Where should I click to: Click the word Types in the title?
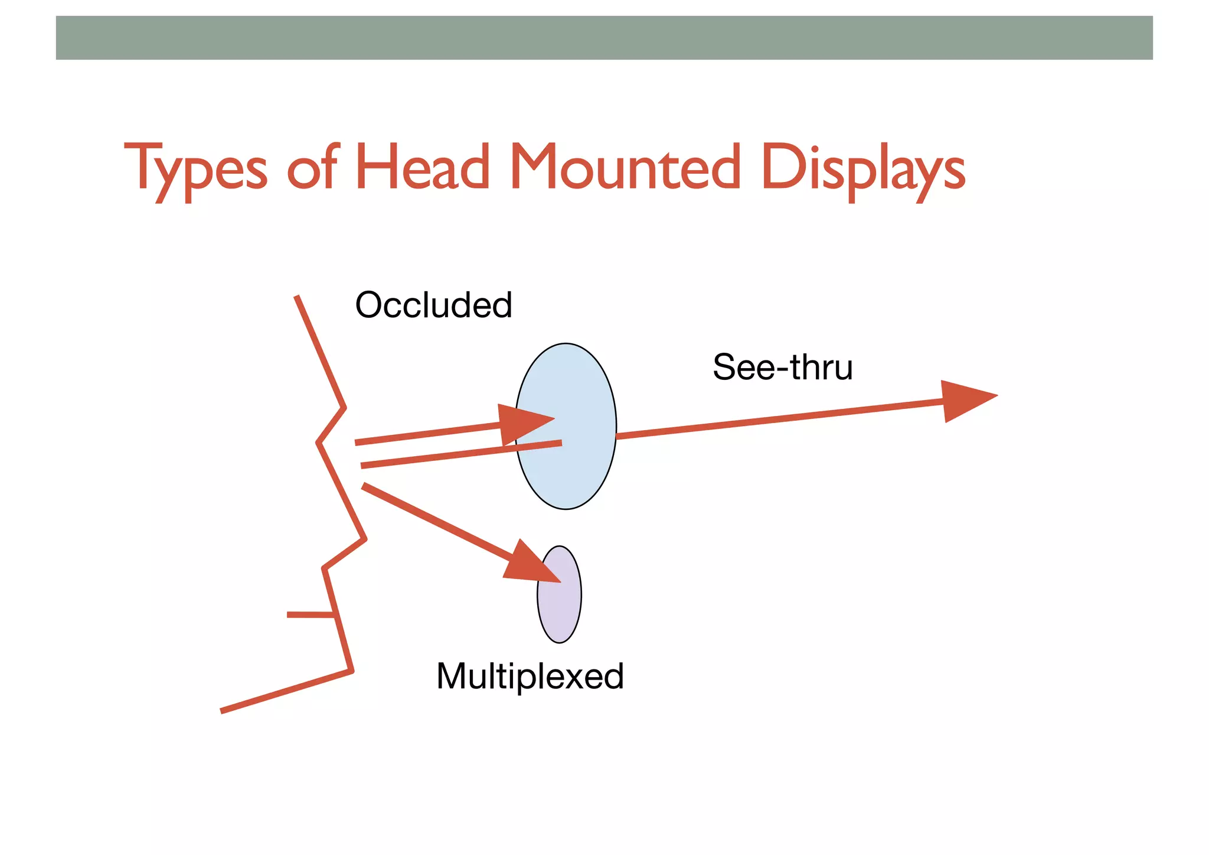pos(195,168)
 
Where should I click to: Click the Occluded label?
pos(433,305)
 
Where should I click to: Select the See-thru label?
pos(782,367)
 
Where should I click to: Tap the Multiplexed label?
pos(530,676)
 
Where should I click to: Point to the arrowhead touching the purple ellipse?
pos(528,564)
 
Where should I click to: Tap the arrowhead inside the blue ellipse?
pos(522,424)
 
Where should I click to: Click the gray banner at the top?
pos(604,38)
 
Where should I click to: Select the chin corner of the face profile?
pos(352,671)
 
